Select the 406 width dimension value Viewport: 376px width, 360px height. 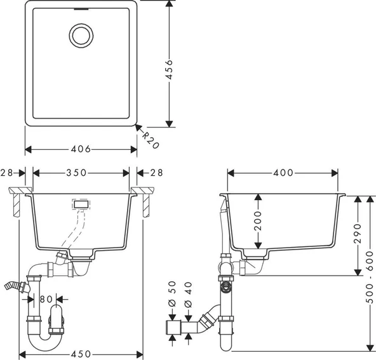81,149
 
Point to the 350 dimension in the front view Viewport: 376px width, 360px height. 81,173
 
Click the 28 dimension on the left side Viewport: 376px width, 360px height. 8,173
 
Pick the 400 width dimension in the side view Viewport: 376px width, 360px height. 283,173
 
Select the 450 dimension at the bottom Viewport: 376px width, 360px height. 81,354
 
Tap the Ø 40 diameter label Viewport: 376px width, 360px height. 189,293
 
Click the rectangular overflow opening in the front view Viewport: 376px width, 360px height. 80,204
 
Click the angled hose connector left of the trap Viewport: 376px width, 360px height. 17,286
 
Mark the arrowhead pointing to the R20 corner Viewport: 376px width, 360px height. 138,128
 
